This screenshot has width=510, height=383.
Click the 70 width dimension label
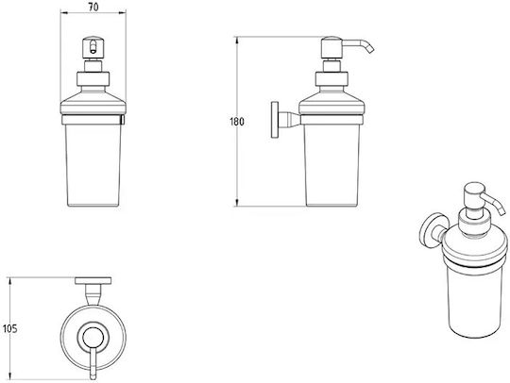pos(93,7)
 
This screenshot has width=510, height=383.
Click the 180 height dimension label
pos(237,122)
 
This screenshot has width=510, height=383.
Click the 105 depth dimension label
pos(9,329)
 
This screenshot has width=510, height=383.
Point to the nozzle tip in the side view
pos(370,50)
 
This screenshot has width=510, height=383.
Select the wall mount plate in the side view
pos(275,120)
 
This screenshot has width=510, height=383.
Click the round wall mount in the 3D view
pos(432,231)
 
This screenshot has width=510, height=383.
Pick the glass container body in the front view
pos(93,165)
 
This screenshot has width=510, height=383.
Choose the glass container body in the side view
pos(331,165)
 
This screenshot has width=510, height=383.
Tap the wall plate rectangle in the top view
pos(93,281)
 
